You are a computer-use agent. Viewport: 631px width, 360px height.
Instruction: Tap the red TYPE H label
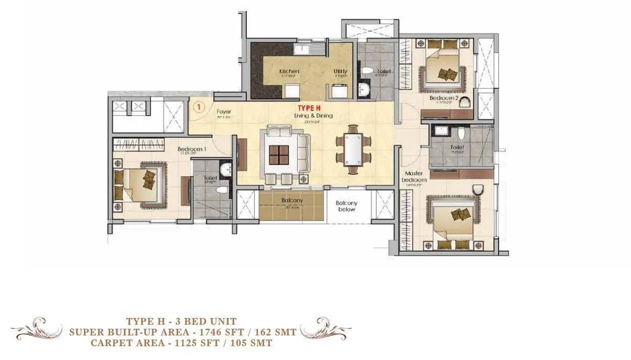click(310, 108)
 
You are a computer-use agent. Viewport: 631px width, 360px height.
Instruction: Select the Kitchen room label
click(289, 71)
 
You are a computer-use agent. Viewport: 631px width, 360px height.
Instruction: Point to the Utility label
click(340, 71)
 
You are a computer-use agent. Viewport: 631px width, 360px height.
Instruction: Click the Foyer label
click(224, 111)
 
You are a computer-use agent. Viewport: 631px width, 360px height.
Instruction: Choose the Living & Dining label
click(313, 116)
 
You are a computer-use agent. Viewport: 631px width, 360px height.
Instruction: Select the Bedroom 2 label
click(443, 98)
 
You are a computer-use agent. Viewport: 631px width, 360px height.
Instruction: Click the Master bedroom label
click(414, 177)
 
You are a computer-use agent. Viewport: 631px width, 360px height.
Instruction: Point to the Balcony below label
click(346, 206)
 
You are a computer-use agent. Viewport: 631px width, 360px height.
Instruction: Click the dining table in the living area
click(353, 150)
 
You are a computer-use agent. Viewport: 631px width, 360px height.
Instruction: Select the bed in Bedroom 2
click(443, 68)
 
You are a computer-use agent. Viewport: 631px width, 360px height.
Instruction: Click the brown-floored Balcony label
click(292, 200)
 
